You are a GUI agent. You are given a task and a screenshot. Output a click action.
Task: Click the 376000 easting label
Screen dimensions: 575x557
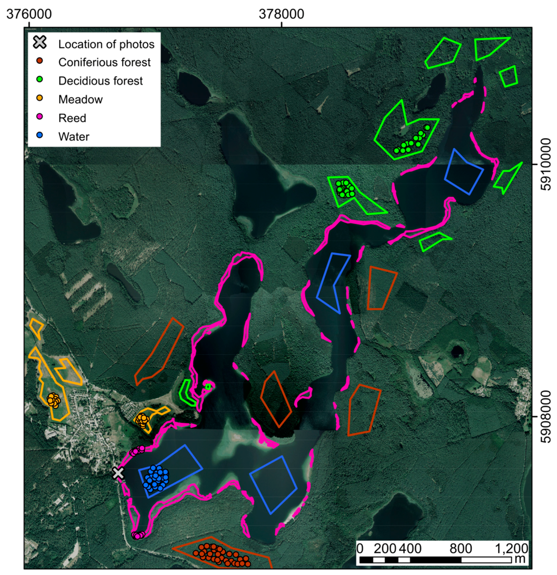(x=29, y=14)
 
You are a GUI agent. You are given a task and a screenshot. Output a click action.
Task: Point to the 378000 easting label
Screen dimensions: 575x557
(x=281, y=14)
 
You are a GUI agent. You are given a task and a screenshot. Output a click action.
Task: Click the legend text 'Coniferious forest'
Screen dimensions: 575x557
(x=104, y=62)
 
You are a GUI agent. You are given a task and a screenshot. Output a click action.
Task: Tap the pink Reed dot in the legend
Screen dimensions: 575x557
(x=39, y=117)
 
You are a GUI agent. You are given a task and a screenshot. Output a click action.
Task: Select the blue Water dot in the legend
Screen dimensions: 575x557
(x=39, y=135)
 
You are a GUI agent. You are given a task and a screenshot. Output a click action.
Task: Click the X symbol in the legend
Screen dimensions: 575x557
(x=40, y=42)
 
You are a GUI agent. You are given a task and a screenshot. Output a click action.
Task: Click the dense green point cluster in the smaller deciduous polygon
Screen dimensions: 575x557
(x=345, y=189)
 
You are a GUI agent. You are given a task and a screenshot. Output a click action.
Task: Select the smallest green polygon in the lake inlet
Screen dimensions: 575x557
(x=208, y=386)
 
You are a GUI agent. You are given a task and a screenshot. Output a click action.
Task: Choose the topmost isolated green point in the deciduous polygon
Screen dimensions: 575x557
(x=427, y=128)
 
